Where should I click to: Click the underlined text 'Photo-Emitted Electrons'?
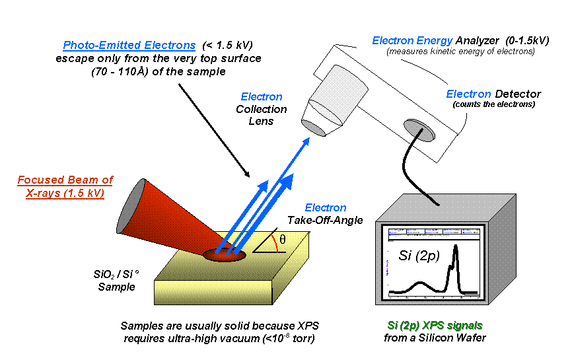click(129, 46)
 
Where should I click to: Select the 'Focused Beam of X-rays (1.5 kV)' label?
click(65, 186)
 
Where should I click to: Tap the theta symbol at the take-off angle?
click(283, 240)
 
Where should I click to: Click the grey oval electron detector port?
click(419, 129)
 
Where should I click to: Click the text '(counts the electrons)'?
click(493, 104)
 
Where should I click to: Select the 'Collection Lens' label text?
click(262, 115)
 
